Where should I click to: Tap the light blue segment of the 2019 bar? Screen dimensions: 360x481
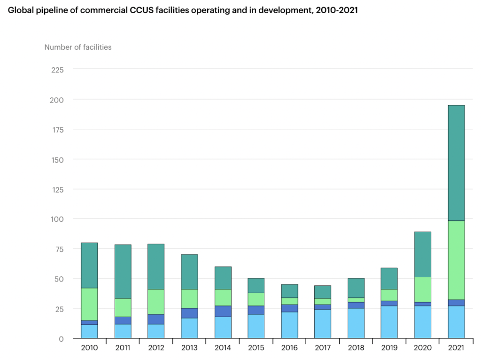(x=389, y=322)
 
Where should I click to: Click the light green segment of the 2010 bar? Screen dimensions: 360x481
(x=89, y=304)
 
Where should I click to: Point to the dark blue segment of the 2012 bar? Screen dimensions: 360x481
(x=156, y=319)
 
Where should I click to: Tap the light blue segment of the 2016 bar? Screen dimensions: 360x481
(x=289, y=325)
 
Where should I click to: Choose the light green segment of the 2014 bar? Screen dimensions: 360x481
(x=223, y=297)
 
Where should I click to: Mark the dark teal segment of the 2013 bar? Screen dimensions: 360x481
(x=189, y=272)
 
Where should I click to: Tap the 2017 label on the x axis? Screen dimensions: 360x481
(x=322, y=348)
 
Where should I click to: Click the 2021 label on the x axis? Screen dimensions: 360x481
(x=456, y=348)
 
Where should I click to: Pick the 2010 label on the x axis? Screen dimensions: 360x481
(x=89, y=348)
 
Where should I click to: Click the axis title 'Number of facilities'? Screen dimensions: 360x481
(x=78, y=47)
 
